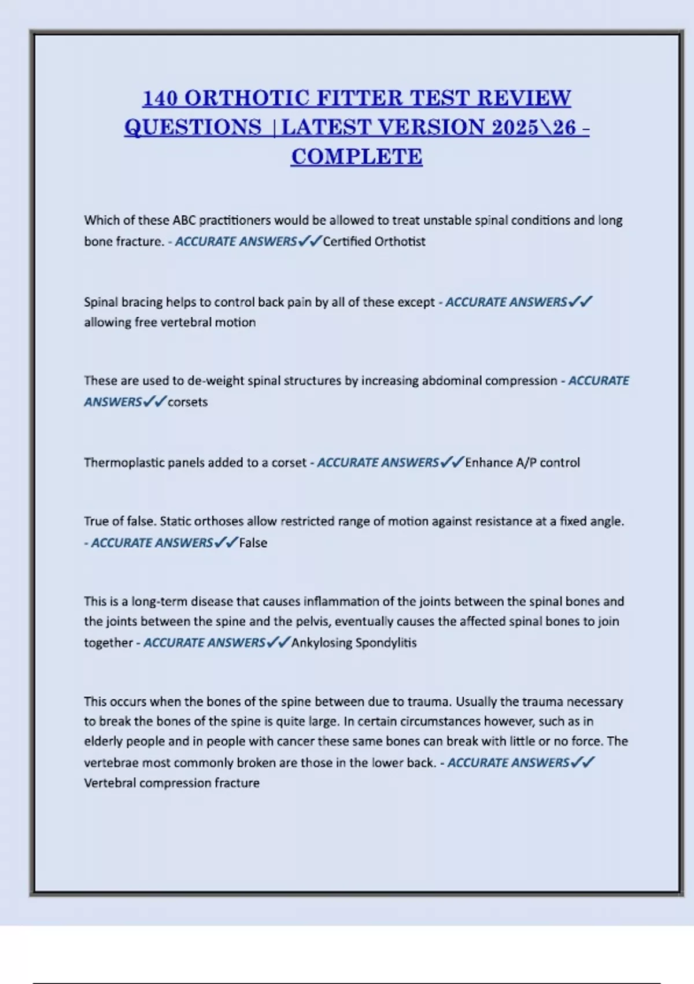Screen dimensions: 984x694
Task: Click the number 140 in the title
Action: [160, 98]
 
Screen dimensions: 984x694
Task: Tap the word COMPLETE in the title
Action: [357, 157]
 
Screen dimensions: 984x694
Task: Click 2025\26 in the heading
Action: [534, 127]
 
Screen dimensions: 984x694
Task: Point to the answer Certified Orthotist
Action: [374, 241]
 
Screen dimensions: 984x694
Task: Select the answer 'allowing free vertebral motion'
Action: [169, 322]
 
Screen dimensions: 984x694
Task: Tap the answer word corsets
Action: [187, 402]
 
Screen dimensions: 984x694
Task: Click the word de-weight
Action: [215, 381]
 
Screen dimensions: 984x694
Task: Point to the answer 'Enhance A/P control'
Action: [522, 463]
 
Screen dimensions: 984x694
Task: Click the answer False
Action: [253, 543]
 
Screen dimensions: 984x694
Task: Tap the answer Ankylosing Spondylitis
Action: [354, 643]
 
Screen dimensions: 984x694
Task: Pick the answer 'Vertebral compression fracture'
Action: [172, 783]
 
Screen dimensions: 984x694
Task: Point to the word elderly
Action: [103, 741]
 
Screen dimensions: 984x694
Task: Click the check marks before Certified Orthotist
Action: [310, 241]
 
